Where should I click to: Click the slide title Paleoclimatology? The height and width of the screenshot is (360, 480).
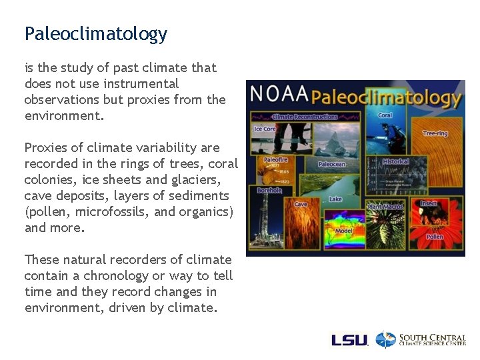point(95,34)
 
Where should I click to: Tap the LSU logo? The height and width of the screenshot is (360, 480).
point(349,340)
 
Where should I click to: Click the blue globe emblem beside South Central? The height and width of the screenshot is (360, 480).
point(385,340)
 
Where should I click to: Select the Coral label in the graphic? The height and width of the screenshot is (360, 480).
point(385,115)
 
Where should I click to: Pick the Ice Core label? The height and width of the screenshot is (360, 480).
point(265,129)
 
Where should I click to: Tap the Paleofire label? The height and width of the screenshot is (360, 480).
point(275,160)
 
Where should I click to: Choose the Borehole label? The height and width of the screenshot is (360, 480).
point(269,190)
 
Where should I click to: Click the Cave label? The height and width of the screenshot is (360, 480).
point(301,204)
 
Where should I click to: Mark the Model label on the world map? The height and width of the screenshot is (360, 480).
point(344,231)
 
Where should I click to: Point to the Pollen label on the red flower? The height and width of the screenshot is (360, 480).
point(435,237)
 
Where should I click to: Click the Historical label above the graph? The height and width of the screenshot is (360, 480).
point(395,162)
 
